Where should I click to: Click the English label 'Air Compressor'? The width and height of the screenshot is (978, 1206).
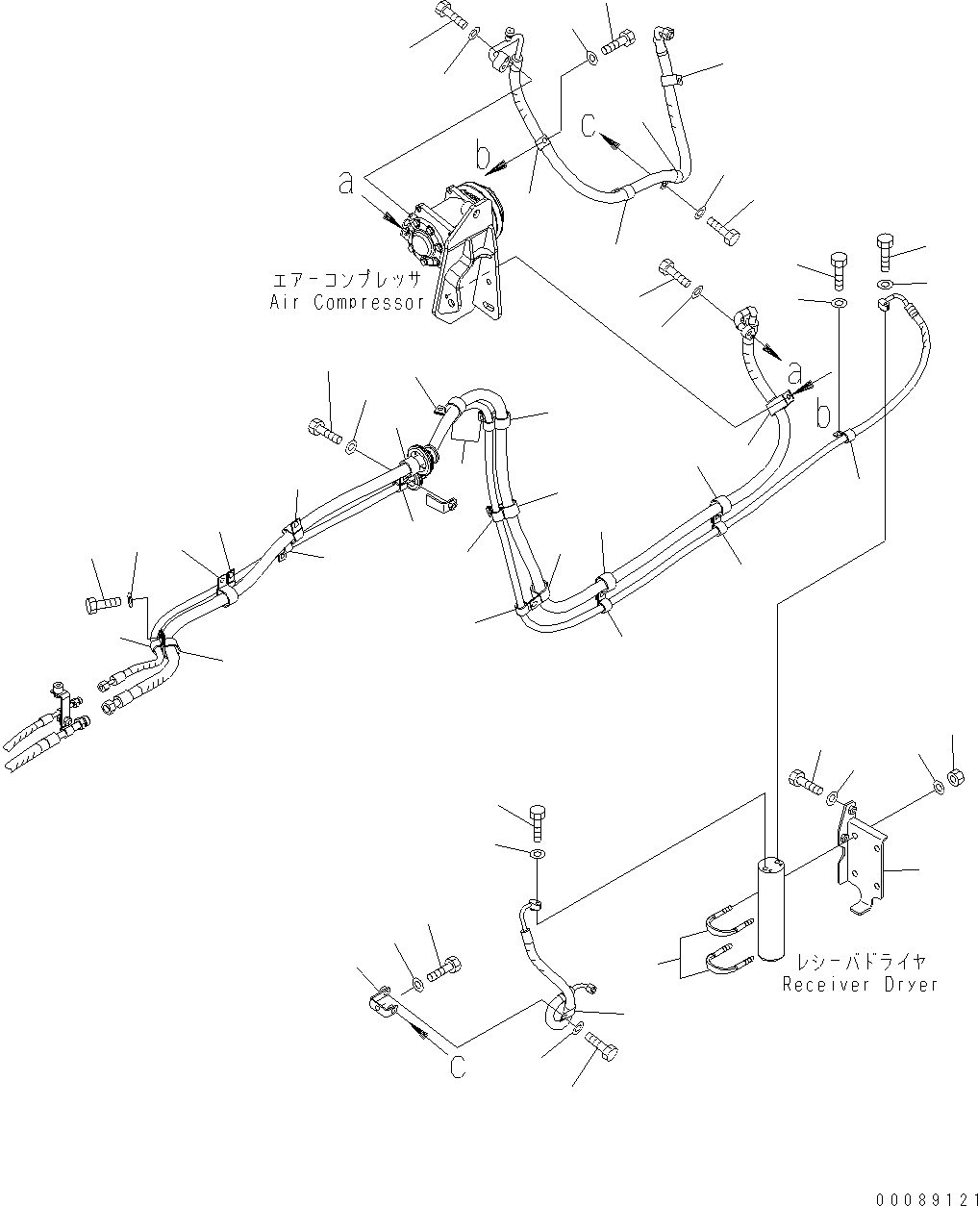(x=347, y=302)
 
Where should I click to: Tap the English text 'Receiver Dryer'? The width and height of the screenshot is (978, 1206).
(x=859, y=984)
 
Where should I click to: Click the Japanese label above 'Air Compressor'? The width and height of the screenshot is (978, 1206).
(x=347, y=281)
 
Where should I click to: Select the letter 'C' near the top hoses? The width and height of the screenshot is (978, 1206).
(x=591, y=126)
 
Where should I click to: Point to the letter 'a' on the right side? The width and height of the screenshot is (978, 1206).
(x=794, y=371)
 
